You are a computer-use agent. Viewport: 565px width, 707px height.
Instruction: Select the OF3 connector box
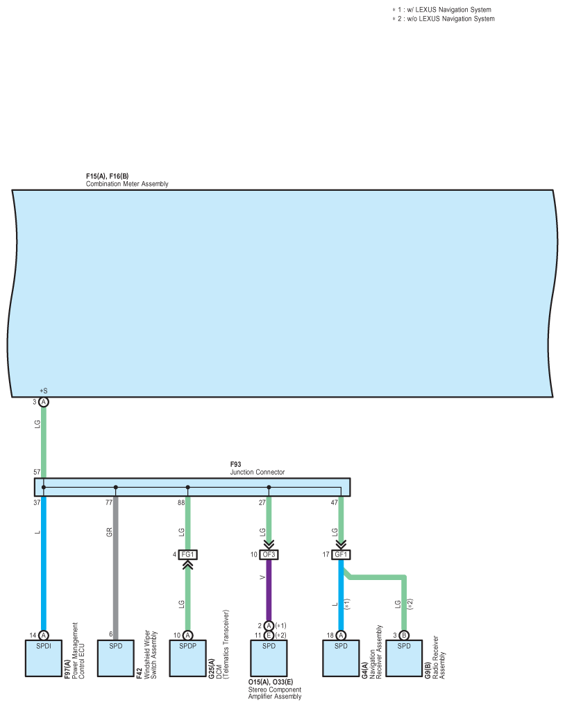click(269, 554)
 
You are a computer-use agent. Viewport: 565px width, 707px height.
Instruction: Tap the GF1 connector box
click(341, 554)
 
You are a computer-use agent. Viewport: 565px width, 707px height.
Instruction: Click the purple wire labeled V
click(269, 590)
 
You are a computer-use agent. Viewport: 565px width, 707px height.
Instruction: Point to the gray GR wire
click(115, 569)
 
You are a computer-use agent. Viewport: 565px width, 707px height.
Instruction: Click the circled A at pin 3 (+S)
click(44, 402)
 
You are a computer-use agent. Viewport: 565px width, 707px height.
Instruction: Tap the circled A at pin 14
click(44, 635)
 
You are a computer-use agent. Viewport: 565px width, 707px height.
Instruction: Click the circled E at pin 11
click(269, 635)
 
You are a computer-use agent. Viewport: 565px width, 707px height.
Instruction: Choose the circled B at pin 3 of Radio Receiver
click(405, 635)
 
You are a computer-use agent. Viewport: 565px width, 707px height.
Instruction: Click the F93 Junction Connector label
click(257, 468)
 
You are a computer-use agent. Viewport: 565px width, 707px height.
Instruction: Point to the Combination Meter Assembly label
click(127, 184)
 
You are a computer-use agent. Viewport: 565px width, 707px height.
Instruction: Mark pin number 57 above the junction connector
click(36, 472)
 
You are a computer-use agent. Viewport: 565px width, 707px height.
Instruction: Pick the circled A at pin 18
click(341, 635)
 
